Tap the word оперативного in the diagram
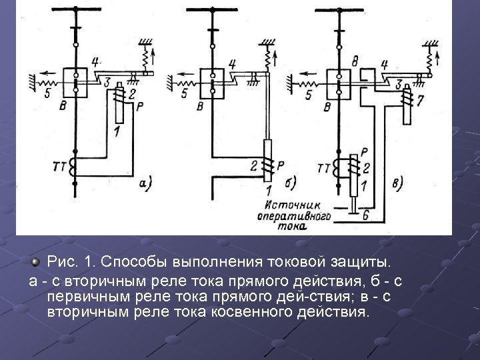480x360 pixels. click(x=294, y=217)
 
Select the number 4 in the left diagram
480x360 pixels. click(x=95, y=62)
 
